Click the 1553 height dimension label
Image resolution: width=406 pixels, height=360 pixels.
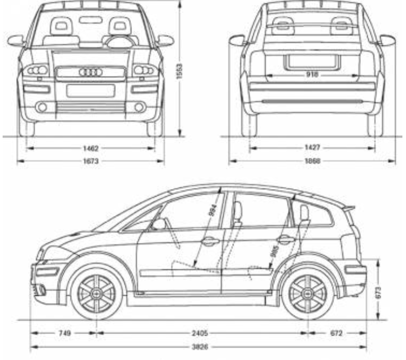[x=180, y=71]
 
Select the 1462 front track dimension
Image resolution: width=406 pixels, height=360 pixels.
[x=91, y=148]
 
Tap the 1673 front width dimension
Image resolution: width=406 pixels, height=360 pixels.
[x=91, y=161]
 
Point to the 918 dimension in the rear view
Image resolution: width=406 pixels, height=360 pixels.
[x=312, y=74]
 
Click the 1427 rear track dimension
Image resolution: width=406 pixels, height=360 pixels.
[x=312, y=148]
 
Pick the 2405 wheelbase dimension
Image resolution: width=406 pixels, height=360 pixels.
[x=200, y=333]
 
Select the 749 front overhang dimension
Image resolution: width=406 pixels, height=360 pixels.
[x=64, y=333]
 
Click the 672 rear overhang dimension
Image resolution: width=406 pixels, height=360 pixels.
[x=336, y=333]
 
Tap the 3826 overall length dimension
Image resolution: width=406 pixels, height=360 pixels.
[x=200, y=347]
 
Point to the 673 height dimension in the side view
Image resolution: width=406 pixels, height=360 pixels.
[x=378, y=292]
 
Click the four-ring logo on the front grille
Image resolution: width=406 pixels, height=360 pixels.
[x=91, y=72]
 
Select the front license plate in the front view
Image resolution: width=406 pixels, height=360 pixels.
[x=91, y=91]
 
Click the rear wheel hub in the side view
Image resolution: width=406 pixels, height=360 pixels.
[x=307, y=293]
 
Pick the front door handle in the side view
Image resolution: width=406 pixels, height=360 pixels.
[x=210, y=241]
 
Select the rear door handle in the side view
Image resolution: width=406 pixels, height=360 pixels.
[x=286, y=239]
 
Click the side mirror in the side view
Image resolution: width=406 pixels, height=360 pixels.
[x=159, y=225]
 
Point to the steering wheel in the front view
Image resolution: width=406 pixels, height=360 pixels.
[x=120, y=42]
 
